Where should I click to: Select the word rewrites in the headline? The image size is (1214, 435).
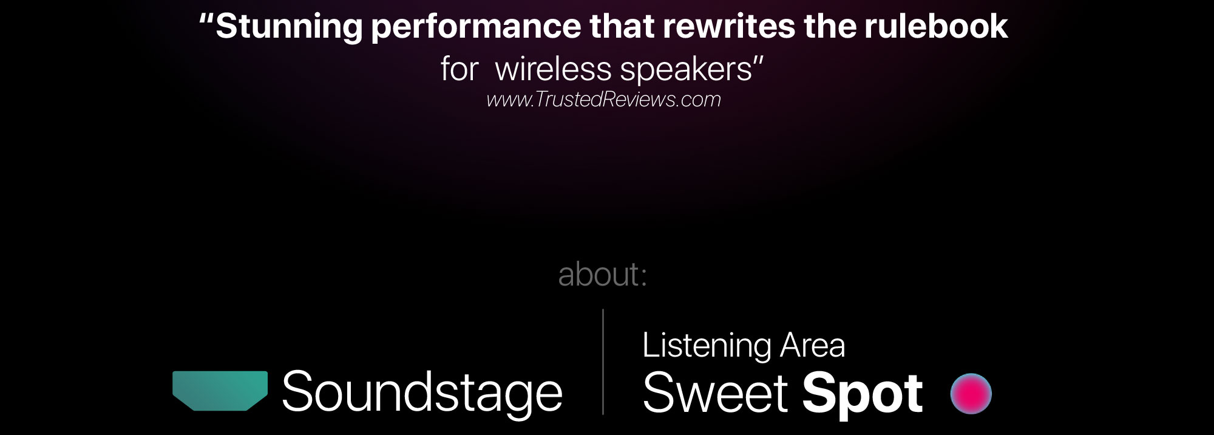pyautogui.click(x=728, y=26)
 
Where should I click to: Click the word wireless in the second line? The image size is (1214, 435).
pyautogui.click(x=553, y=69)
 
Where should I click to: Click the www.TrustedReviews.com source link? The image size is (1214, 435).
pyautogui.click(x=603, y=99)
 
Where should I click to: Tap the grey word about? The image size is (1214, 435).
pyautogui.click(x=602, y=274)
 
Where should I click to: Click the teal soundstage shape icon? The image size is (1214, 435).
pyautogui.click(x=220, y=391)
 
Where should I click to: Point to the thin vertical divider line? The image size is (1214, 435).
pyautogui.click(x=603, y=361)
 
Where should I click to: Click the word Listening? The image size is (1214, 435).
pyautogui.click(x=707, y=346)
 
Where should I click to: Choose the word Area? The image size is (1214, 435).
pyautogui.click(x=812, y=346)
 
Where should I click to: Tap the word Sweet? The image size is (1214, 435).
pyautogui.click(x=715, y=393)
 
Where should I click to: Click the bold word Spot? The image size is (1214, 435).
pyautogui.click(x=863, y=395)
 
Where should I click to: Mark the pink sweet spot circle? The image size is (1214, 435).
pyautogui.click(x=971, y=394)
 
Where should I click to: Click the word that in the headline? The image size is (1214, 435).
pyautogui.click(x=622, y=26)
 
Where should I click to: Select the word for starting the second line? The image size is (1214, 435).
pyautogui.click(x=459, y=69)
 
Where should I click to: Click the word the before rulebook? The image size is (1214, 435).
pyautogui.click(x=829, y=26)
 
